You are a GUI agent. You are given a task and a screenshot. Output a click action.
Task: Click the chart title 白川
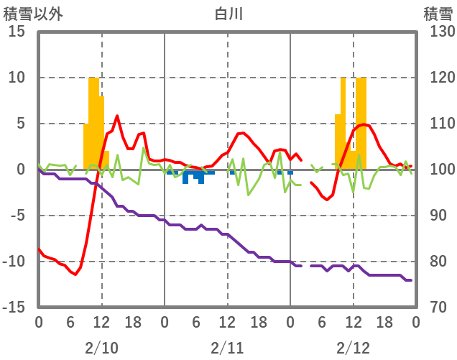[228, 13]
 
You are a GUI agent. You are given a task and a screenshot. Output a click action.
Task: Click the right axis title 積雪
[437, 13]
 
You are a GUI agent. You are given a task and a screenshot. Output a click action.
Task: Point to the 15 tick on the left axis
[18, 32]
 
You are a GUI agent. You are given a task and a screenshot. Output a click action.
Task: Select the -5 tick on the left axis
[18, 216]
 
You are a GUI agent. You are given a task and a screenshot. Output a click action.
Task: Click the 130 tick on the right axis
[437, 32]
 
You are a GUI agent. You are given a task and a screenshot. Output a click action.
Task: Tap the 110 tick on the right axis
[437, 124]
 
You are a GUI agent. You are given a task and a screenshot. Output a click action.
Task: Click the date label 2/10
[101, 348]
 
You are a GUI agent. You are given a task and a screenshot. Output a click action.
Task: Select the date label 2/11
[227, 348]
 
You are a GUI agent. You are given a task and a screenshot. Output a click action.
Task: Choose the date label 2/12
[353, 348]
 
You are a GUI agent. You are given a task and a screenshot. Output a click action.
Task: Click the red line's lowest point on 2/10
[75, 274]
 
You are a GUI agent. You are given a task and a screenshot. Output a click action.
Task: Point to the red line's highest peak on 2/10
[117, 116]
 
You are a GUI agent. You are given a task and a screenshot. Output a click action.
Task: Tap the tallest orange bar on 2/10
[93, 122]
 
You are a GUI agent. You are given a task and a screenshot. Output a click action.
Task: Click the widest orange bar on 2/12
[361, 122]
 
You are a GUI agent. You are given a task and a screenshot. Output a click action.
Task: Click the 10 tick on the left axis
[18, 78]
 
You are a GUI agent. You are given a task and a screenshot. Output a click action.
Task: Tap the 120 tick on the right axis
[437, 78]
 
